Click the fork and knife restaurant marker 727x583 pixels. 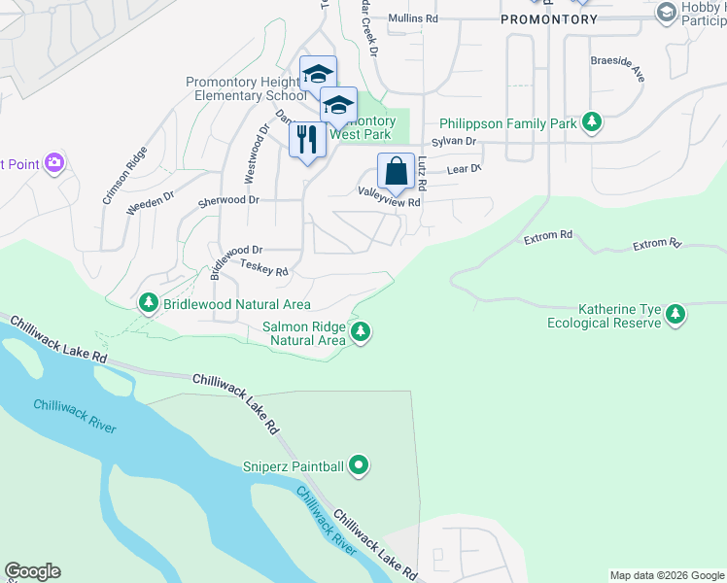[307, 140]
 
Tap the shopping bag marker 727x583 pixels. [396, 172]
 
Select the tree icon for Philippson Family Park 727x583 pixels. [591, 122]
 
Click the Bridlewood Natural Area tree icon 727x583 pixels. [149, 304]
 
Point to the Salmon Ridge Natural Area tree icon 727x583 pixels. [361, 332]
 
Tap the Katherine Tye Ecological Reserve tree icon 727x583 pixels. [675, 315]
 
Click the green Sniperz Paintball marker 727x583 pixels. [359, 466]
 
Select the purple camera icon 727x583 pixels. [55, 163]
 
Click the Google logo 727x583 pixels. [32, 571]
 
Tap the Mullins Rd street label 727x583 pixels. [413, 18]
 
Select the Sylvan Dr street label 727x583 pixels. [458, 142]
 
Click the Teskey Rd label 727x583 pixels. [264, 268]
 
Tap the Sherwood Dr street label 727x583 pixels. [228, 200]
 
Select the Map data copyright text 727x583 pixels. [666, 575]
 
